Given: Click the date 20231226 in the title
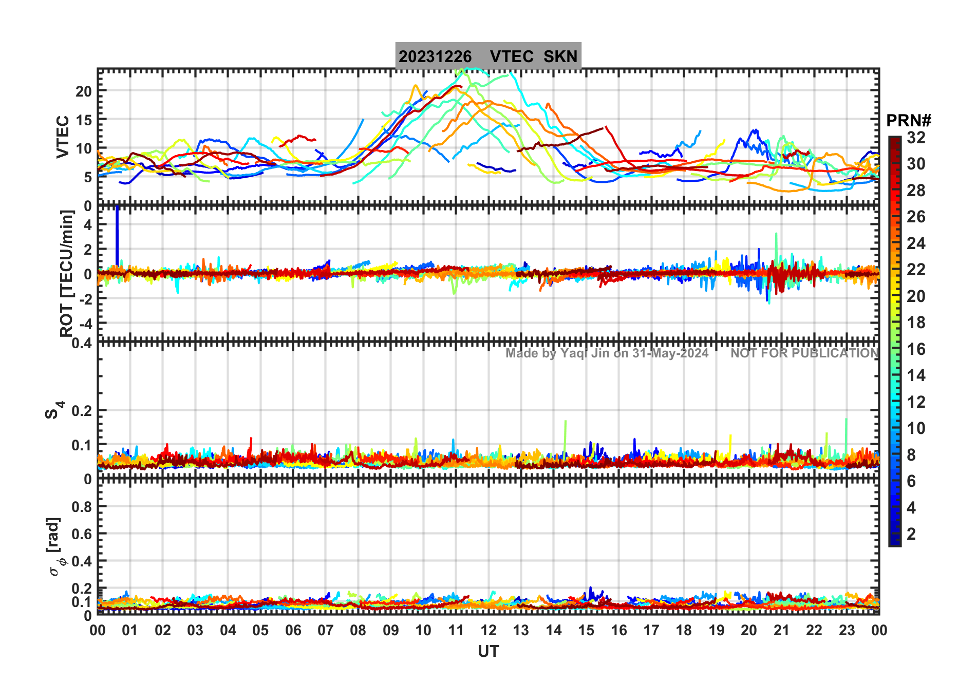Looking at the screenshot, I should pyautogui.click(x=435, y=56).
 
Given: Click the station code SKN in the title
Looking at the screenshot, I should pyautogui.click(x=560, y=56).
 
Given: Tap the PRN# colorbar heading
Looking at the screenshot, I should pyautogui.click(x=909, y=121).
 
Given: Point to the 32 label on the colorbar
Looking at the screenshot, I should pyautogui.click(x=916, y=138).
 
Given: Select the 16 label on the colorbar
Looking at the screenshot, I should pyautogui.click(x=916, y=349).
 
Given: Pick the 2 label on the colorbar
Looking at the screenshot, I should pyautogui.click(x=911, y=534).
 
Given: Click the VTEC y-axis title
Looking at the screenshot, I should pyautogui.click(x=63, y=137).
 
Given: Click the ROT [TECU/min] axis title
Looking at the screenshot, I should pyautogui.click(x=67, y=273).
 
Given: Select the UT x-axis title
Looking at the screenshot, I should pyautogui.click(x=488, y=652).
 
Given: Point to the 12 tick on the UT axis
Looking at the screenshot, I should pyautogui.click(x=488, y=631).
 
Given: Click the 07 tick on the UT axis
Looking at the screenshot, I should pyautogui.click(x=325, y=631).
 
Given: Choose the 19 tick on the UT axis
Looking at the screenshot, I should pyautogui.click(x=716, y=631).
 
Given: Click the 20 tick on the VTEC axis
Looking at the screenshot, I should pyautogui.click(x=83, y=91).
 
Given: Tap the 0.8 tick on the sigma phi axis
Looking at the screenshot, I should pyautogui.click(x=82, y=507).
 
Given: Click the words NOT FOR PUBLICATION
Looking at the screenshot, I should pyautogui.click(x=804, y=353).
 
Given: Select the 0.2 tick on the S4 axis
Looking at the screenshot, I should pyautogui.click(x=82, y=411).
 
